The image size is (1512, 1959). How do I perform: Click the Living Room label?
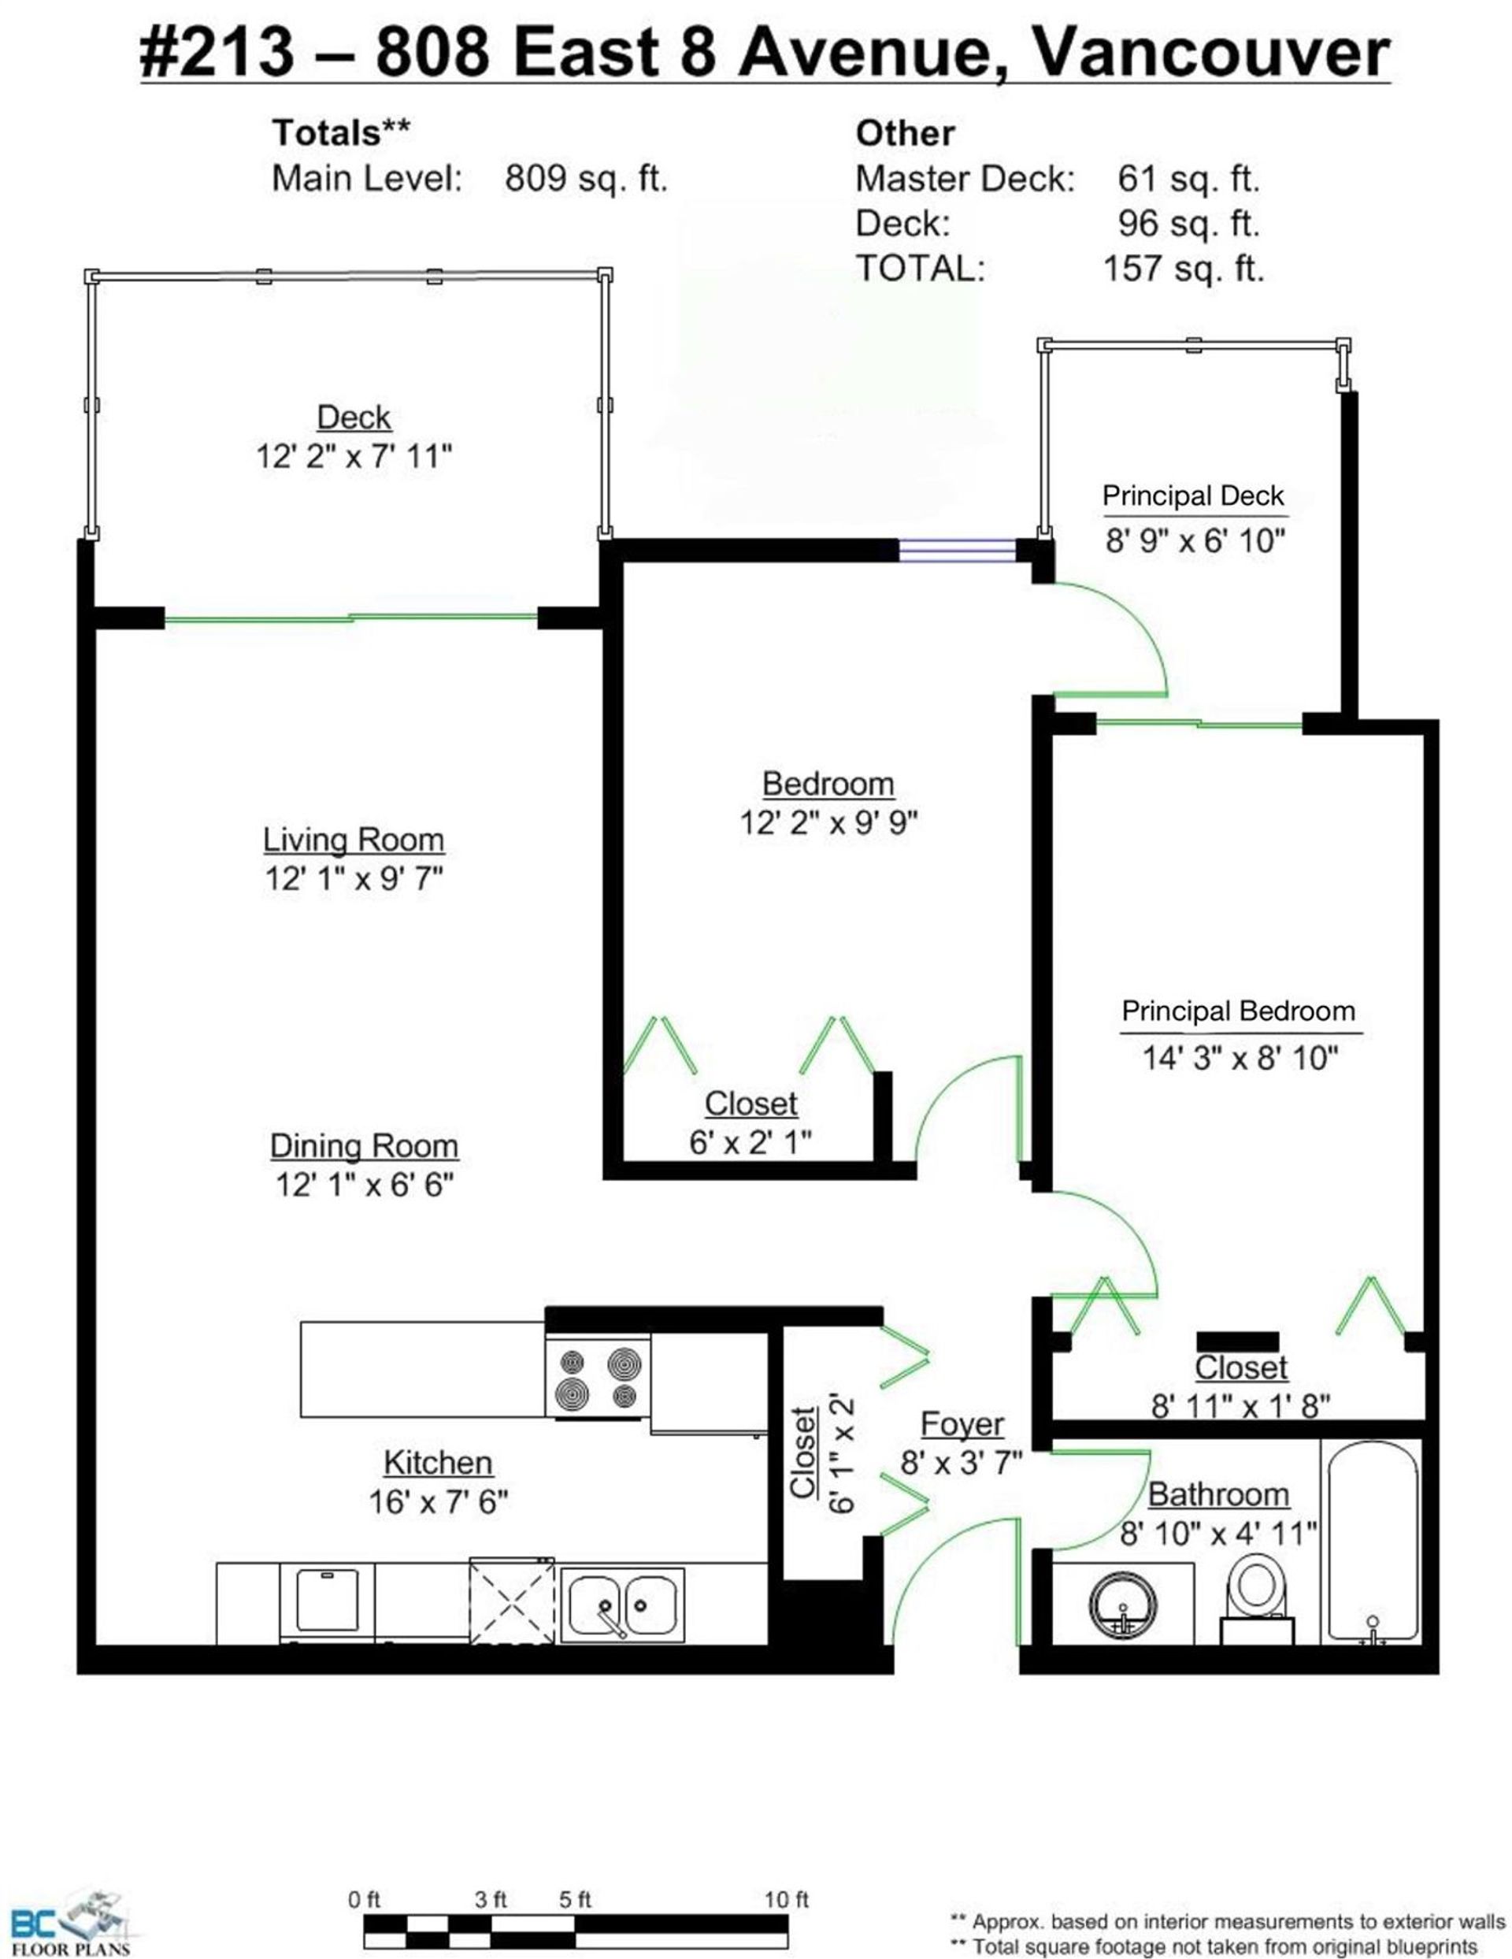pyautogui.click(x=354, y=840)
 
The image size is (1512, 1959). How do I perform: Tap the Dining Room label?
pyautogui.click(x=364, y=1146)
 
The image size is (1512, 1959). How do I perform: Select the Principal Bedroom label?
pyautogui.click(x=1239, y=1011)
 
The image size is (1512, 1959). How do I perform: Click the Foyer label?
pyautogui.click(x=962, y=1424)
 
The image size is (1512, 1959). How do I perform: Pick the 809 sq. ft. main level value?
pyautogui.click(x=587, y=179)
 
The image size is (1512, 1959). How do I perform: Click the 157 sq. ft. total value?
pyautogui.click(x=1184, y=268)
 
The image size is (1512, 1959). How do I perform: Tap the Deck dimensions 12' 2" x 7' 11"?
pyautogui.click(x=354, y=457)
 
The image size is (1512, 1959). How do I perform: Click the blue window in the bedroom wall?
pyautogui.click(x=957, y=550)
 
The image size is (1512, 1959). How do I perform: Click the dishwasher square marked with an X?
pyautogui.click(x=512, y=1602)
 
